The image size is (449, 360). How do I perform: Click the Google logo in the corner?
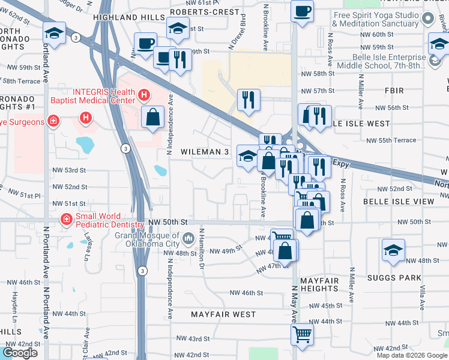(20, 353)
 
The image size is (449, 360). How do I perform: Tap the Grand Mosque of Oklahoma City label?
(147, 239)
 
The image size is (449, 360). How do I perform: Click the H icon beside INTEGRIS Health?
(143, 95)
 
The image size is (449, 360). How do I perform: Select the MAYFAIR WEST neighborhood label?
(223, 314)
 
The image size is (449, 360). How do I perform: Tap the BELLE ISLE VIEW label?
(398, 202)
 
